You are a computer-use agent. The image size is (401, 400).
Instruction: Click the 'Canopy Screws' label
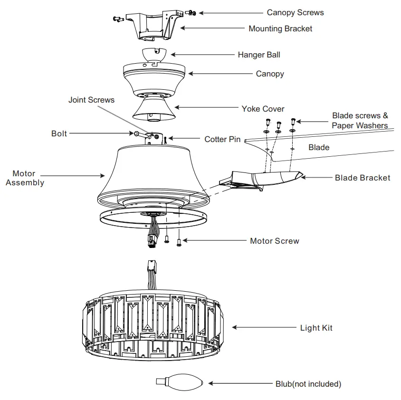(x=295, y=12)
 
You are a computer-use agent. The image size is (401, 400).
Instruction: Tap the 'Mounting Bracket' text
(x=280, y=29)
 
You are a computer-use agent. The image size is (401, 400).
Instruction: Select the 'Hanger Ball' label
(x=259, y=55)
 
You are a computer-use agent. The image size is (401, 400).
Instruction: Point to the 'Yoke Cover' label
(x=263, y=109)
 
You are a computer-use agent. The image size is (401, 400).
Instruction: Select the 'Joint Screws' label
(x=91, y=100)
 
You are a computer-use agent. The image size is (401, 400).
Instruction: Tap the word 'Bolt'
(x=59, y=133)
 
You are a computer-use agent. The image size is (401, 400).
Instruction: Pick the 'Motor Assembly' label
(x=25, y=178)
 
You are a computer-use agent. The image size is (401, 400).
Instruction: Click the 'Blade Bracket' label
(x=363, y=178)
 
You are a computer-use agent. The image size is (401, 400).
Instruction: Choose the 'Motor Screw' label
(x=275, y=241)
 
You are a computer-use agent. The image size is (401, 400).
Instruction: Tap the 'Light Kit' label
(x=316, y=328)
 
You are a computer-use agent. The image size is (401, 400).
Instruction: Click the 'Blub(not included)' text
(x=308, y=383)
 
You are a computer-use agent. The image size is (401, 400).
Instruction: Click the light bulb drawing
(x=180, y=381)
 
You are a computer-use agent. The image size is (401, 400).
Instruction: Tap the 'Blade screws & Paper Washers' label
(x=360, y=121)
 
